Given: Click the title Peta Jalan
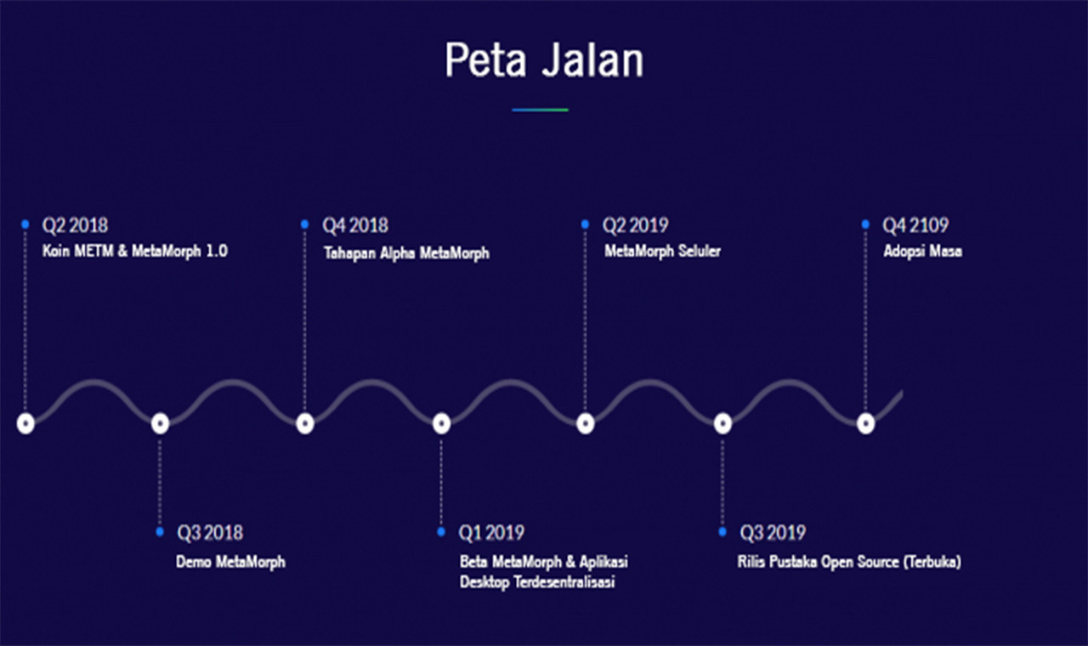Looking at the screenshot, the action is pos(544,60).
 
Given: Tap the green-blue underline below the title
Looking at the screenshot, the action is pos(540,110).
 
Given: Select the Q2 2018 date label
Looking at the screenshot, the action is pos(76,225).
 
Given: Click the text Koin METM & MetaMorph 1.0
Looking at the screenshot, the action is pos(134,251).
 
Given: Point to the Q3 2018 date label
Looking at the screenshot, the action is pos(210,533).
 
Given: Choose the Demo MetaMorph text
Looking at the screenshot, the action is pos(230,562).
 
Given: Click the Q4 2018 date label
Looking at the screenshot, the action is pos(355,225).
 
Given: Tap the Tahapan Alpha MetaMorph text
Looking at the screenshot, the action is pos(406,253).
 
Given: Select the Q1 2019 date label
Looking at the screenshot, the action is pos(491,533).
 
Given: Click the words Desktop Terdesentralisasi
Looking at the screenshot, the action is pos(537,582).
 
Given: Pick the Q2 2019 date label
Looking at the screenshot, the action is pos(635,225).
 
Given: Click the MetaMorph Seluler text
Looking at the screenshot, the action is pos(662,251).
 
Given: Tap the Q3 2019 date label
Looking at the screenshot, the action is pos(773,533).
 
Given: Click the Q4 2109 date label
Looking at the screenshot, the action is pos(915,225).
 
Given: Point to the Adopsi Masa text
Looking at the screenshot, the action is pos(923,251).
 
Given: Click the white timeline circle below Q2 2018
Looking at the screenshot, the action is pos(25,423).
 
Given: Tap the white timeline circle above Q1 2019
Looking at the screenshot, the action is pos(441,423).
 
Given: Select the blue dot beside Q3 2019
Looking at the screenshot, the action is pos(722,532).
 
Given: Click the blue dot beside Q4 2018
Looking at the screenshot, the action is pos(304,224).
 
